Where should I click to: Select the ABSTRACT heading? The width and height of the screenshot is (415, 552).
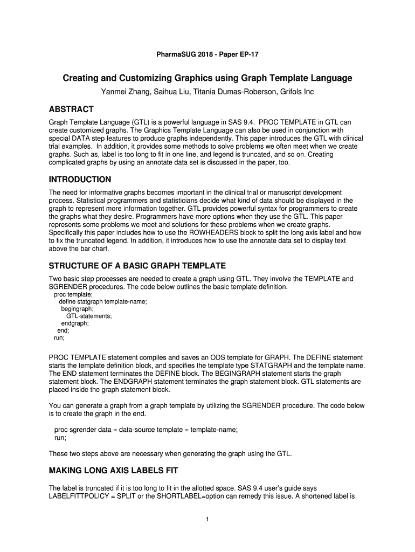(71, 109)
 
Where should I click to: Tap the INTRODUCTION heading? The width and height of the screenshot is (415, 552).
(80, 179)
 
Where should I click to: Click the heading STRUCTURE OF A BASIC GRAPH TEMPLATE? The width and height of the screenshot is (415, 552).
(137, 266)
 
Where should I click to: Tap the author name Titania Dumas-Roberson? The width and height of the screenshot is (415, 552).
(234, 92)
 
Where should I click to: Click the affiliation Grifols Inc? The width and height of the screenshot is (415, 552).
(296, 92)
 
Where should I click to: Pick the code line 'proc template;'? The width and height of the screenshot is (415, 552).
(73, 295)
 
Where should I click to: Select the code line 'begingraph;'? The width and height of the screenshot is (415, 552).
(77, 309)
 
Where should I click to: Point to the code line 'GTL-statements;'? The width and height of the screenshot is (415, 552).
(89, 316)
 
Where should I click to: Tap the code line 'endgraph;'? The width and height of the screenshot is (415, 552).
(75, 323)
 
